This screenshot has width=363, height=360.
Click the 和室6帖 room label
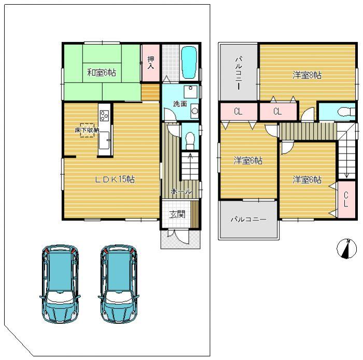coord(101,73)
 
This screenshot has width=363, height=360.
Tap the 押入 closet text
coord(150,63)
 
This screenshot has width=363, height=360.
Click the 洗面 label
coord(180,104)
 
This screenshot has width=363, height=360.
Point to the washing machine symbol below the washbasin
coord(194,110)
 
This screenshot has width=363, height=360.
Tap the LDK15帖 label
coord(115,179)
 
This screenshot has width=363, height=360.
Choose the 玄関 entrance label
coord(177,214)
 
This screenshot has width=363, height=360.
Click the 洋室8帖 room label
coord(306,75)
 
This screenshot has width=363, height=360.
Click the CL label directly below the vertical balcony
coord(238,111)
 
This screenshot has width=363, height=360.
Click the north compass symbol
coord(346,249)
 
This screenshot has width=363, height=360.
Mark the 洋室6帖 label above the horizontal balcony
coord(247,161)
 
